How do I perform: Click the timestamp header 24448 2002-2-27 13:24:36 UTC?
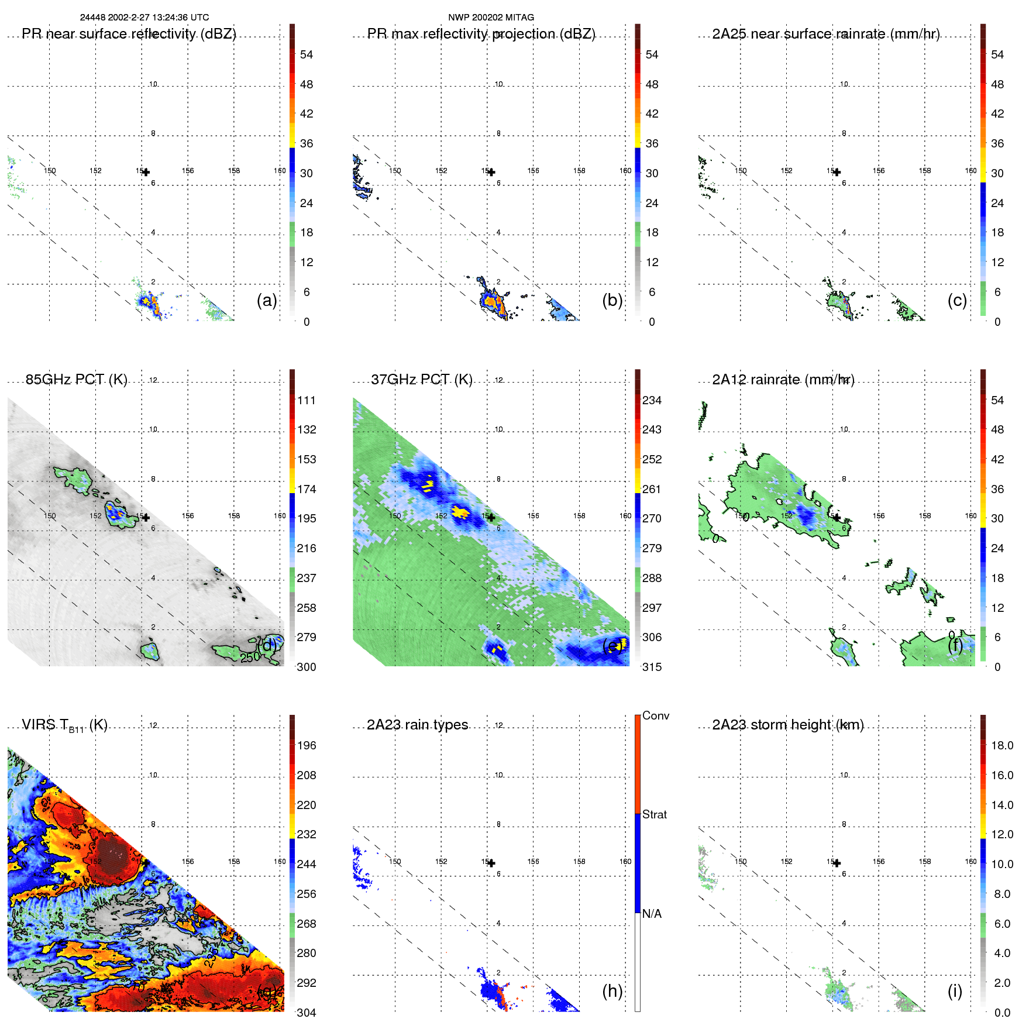pyautogui.click(x=144, y=18)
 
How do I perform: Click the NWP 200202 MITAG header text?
pyautogui.click(x=491, y=18)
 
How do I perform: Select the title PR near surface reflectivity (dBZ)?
pyautogui.click(x=129, y=34)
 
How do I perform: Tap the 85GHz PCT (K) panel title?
pyautogui.click(x=76, y=380)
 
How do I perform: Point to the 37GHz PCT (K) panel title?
pyautogui.click(x=421, y=380)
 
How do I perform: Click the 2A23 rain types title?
pyautogui.click(x=417, y=725)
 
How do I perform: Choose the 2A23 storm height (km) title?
pyautogui.click(x=787, y=725)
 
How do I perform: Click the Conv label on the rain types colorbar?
pyautogui.click(x=655, y=715)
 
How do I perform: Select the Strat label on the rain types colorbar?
pyautogui.click(x=654, y=814)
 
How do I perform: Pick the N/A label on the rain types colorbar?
pyautogui.click(x=652, y=914)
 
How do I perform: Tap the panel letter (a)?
pyautogui.click(x=267, y=300)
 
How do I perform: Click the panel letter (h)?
pyautogui.click(x=612, y=991)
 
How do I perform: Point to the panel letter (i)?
pyautogui.click(x=955, y=991)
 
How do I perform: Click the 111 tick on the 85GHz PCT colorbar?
pyautogui.click(x=307, y=400)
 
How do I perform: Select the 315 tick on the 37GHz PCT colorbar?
pyautogui.click(x=652, y=667)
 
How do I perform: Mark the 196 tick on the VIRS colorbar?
pyautogui.click(x=307, y=745)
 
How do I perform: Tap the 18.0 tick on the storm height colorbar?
pyautogui.click(x=1002, y=745)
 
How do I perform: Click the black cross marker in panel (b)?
pyautogui.click(x=491, y=172)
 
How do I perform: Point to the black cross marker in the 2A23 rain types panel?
pyautogui.click(x=491, y=863)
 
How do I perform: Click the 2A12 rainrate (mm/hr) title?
pyautogui.click(x=783, y=380)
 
